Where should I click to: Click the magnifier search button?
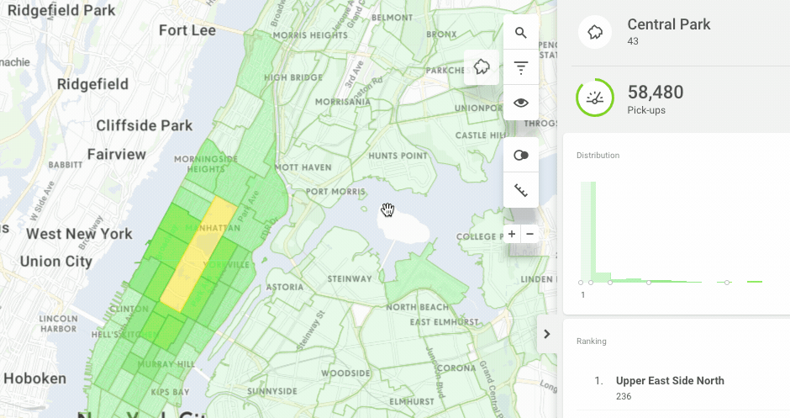coord(521,33)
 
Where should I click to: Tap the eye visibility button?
coord(521,103)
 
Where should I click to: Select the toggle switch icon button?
coord(521,156)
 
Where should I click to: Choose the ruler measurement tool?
coord(521,191)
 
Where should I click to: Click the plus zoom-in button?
coord(512,234)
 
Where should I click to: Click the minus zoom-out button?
coord(529,234)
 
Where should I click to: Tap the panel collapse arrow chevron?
coord(546,334)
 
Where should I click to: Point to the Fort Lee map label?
coord(187,30)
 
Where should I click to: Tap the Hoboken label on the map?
coord(36,378)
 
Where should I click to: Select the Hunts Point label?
coord(398,156)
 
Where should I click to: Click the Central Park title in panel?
coord(668,24)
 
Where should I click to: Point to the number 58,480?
coord(656,93)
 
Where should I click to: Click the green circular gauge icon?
coord(595,98)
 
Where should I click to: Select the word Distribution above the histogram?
coord(598,156)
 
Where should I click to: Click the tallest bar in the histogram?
coord(588,231)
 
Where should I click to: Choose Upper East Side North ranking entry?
coord(669,381)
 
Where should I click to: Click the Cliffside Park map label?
coord(145,125)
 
